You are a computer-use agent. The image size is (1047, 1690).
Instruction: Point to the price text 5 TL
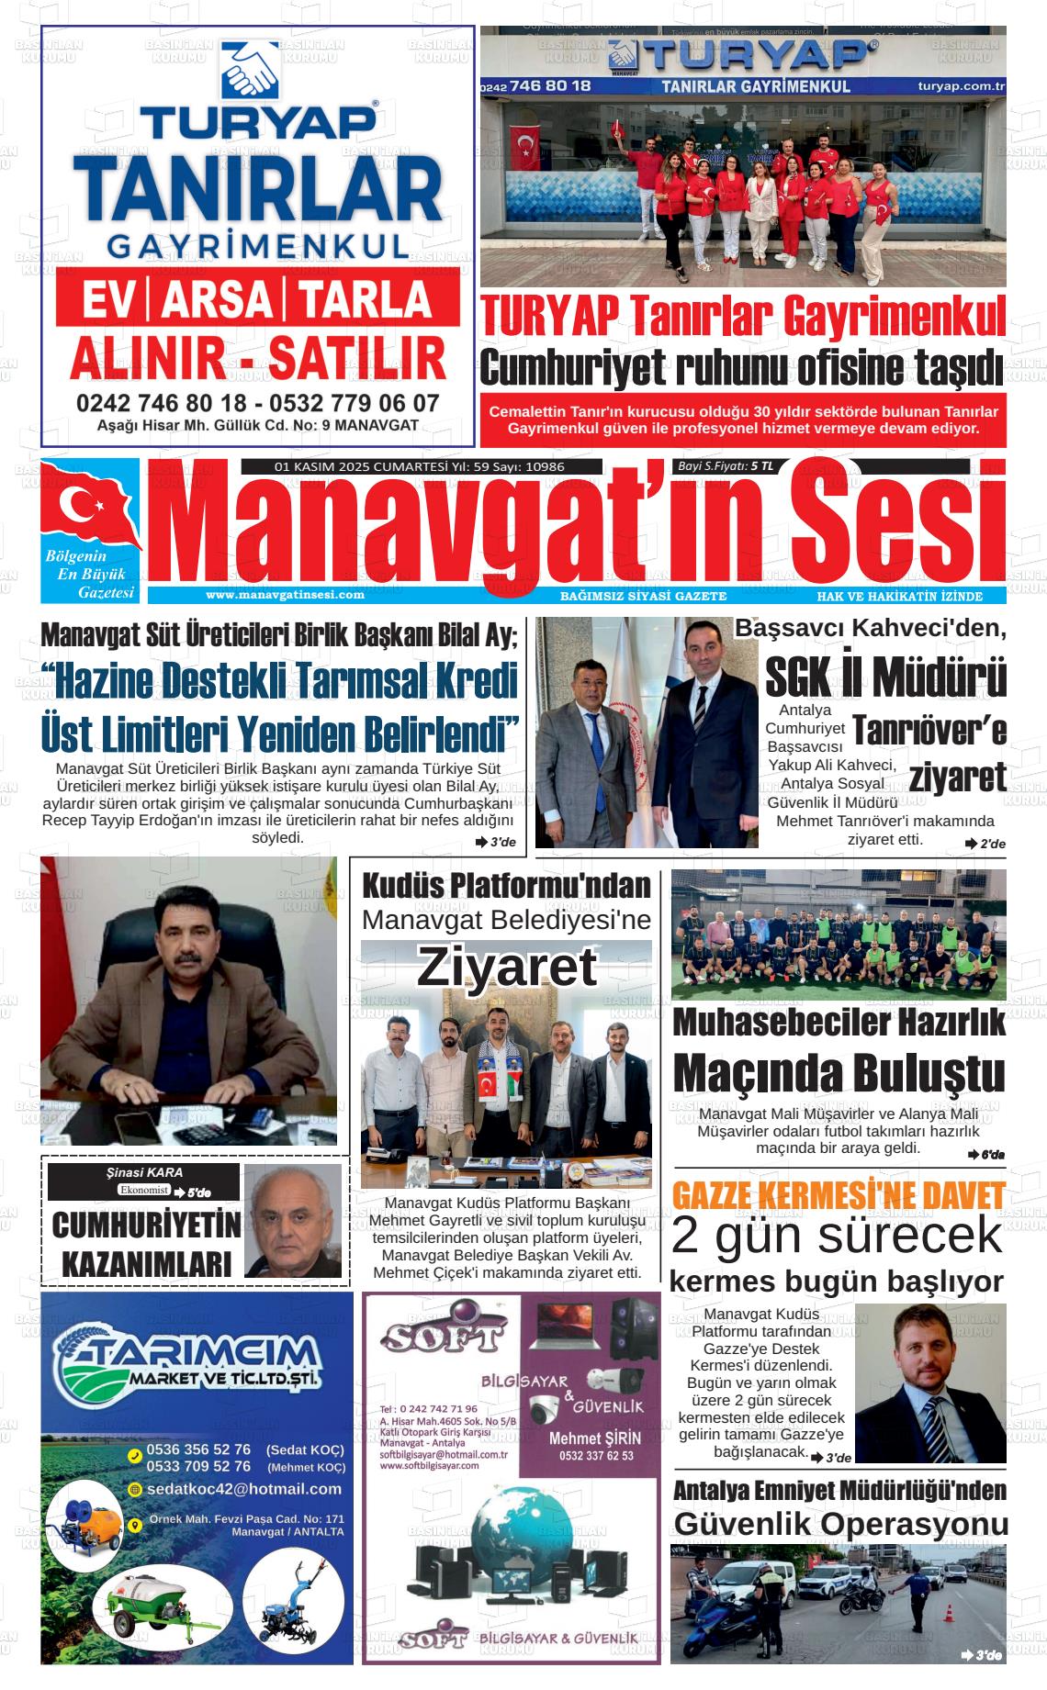[x=761, y=466]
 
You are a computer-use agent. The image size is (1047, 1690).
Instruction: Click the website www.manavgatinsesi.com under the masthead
[x=285, y=595]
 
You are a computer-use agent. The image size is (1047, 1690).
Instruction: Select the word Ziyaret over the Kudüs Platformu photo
[x=507, y=967]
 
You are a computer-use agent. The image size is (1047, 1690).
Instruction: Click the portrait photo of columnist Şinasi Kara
[x=292, y=1220]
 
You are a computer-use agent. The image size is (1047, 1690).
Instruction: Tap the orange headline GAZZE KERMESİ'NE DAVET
[x=838, y=1196]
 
